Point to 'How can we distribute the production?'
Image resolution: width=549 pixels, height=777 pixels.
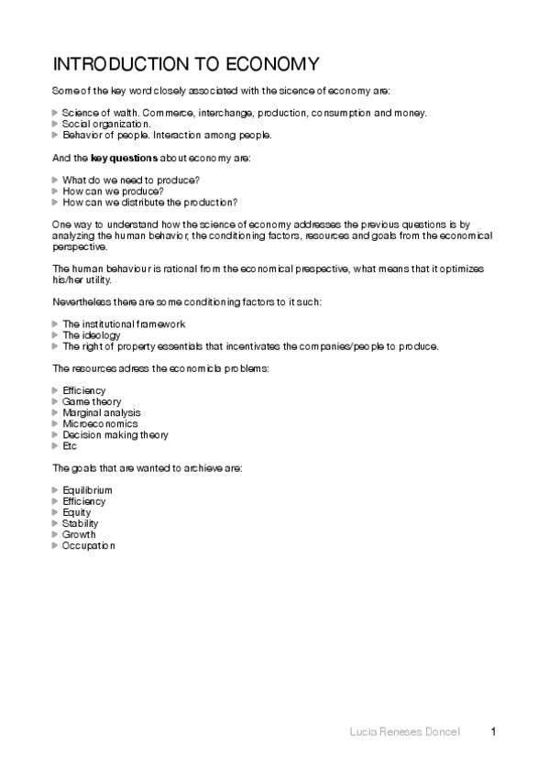click(149, 202)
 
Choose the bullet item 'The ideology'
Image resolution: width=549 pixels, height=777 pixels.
click(91, 335)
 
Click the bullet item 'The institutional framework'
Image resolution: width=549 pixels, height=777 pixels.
click(124, 324)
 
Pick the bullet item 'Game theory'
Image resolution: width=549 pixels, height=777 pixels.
click(91, 401)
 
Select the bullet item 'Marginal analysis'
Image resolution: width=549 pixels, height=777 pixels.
click(102, 412)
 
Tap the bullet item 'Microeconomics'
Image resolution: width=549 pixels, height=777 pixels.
click(100, 423)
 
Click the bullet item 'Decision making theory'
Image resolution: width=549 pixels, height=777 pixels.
click(115, 435)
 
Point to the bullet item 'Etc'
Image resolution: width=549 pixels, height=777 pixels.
click(70, 446)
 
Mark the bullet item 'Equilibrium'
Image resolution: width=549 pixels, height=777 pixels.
click(87, 490)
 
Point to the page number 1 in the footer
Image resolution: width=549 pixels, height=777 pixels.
click(494, 731)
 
